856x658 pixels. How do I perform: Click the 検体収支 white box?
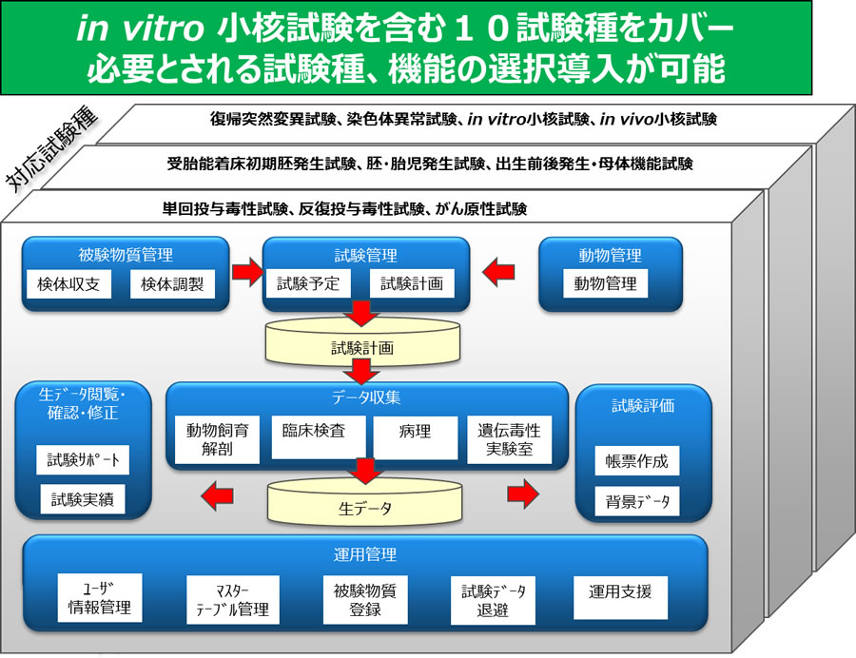(68, 283)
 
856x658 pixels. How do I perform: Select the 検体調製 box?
(172, 283)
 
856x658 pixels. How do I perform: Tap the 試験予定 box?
(308, 283)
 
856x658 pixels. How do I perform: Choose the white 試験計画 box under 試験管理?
(412, 283)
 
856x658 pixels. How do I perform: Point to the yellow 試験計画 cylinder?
(361, 347)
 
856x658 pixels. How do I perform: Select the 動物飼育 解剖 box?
(217, 439)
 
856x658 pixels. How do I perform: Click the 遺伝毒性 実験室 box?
(510, 439)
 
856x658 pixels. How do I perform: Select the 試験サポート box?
(84, 460)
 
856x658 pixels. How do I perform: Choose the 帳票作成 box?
(637, 462)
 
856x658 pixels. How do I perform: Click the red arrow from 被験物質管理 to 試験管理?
(246, 274)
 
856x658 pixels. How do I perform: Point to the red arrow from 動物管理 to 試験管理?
(497, 274)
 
